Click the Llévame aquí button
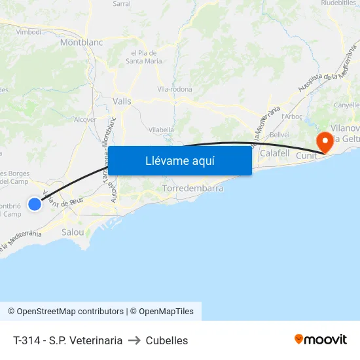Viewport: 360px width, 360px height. tap(179, 161)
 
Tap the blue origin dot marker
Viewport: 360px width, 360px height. tap(35, 204)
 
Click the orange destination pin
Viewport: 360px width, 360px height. tap(323, 142)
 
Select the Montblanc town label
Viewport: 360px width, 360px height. tap(82, 42)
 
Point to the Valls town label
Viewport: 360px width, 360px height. tap(122, 101)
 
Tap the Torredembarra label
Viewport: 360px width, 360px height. tap(192, 188)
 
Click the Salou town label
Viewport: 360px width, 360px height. tap(73, 232)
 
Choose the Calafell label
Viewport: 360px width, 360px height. tap(274, 153)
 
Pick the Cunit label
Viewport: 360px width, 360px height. tap(306, 155)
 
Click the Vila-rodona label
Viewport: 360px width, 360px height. tap(173, 88)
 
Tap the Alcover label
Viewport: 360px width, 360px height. tap(85, 119)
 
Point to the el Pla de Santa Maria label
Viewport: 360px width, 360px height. tap(147, 57)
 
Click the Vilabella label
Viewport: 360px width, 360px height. tap(161, 130)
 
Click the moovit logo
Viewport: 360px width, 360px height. tap(320, 340)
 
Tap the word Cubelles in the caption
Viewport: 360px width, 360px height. tap(167, 340)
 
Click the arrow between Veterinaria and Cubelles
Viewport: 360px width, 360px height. tap(134, 340)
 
